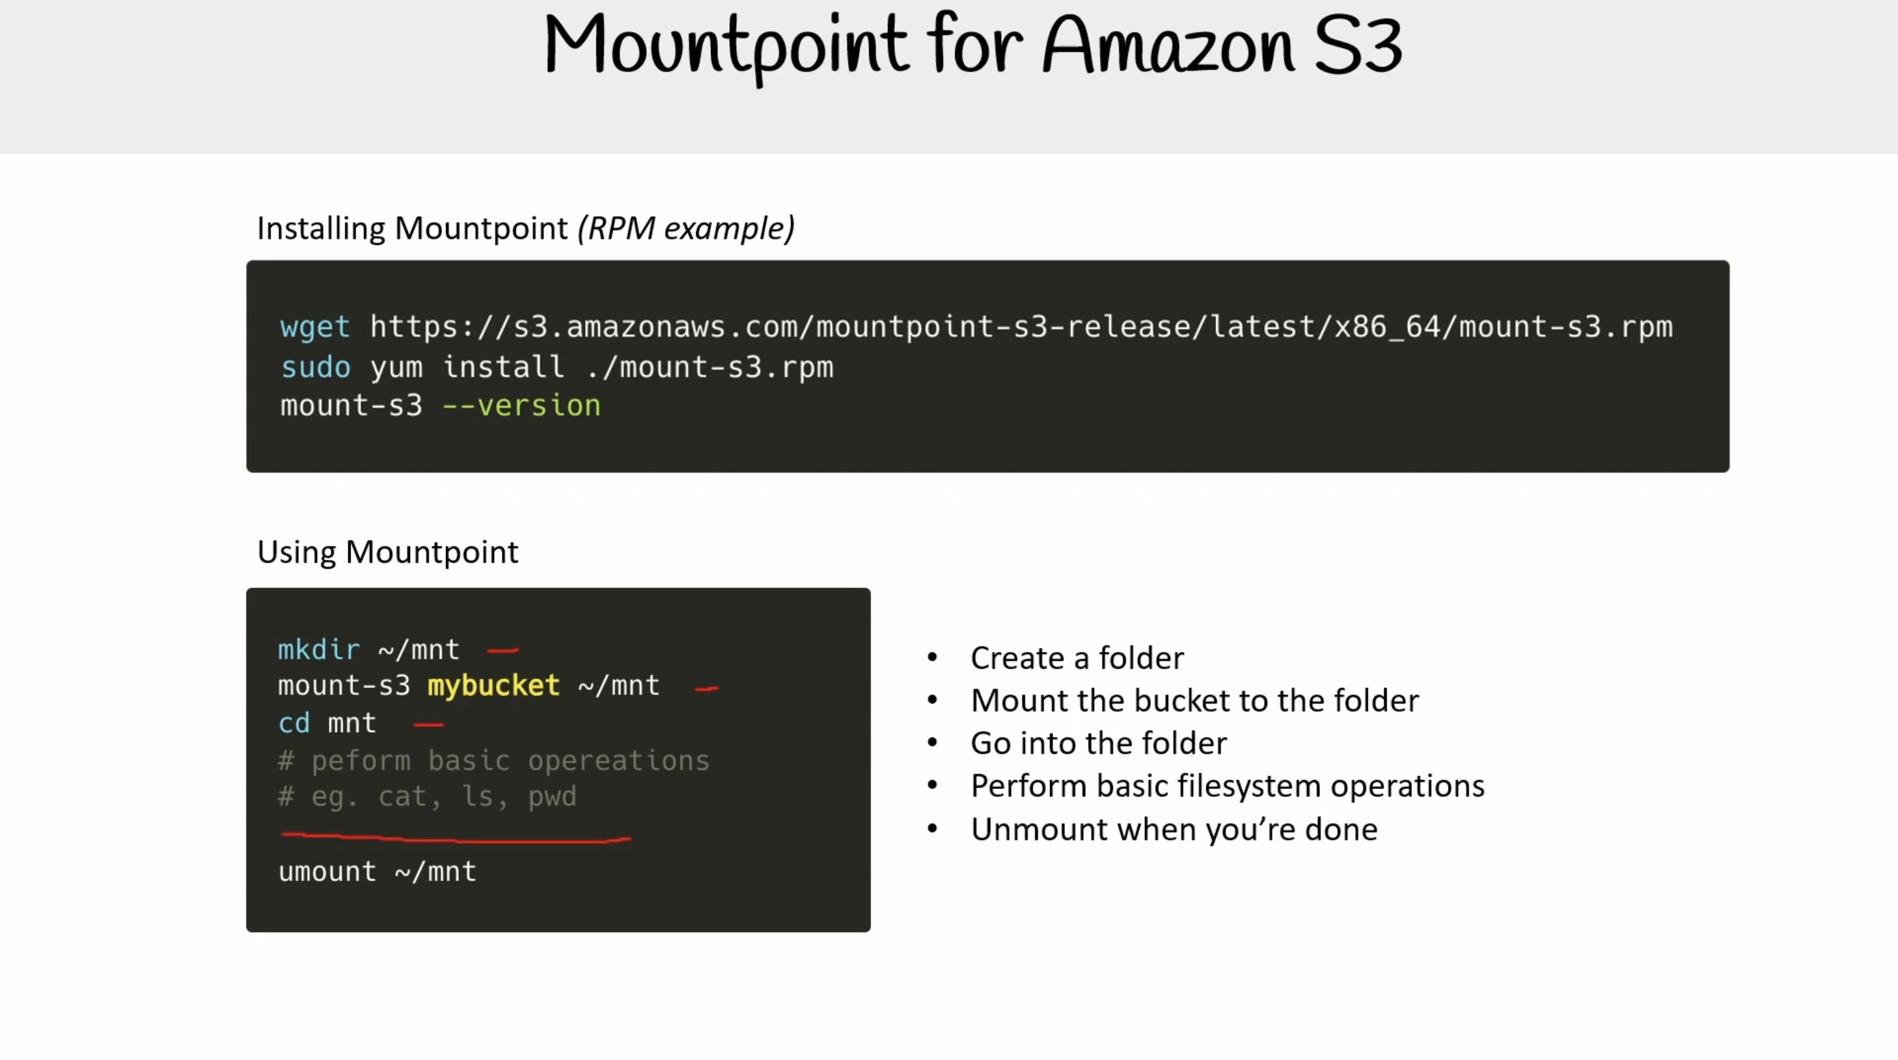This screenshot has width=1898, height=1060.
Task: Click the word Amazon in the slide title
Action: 1168,45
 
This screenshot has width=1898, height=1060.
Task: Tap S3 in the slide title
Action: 1358,45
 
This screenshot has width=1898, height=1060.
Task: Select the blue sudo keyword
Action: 315,367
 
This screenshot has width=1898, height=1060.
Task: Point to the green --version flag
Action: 522,405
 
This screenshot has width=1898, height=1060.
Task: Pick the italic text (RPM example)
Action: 686,228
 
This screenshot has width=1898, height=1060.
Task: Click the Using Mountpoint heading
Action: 388,552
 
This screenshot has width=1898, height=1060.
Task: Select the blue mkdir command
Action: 319,650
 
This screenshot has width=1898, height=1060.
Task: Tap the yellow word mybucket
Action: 493,686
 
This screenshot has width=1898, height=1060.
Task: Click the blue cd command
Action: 294,723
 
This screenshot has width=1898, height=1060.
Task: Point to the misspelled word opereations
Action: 619,761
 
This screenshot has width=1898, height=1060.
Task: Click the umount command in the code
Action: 327,872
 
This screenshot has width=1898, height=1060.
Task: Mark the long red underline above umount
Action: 456,837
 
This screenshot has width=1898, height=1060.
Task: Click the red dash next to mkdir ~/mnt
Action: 503,650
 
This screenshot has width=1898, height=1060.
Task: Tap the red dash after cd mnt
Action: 428,725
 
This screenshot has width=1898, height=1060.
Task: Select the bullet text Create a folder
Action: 1077,658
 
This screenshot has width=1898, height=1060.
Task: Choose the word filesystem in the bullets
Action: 1249,786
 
